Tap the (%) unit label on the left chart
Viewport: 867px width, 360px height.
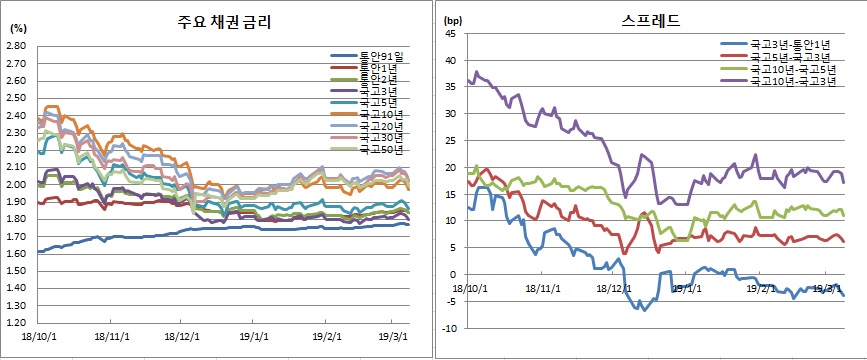coord(17,29)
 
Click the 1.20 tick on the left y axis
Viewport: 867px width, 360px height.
coord(17,324)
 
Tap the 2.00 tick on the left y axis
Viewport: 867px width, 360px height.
coord(17,185)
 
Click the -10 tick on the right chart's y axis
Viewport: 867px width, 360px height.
coord(448,328)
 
